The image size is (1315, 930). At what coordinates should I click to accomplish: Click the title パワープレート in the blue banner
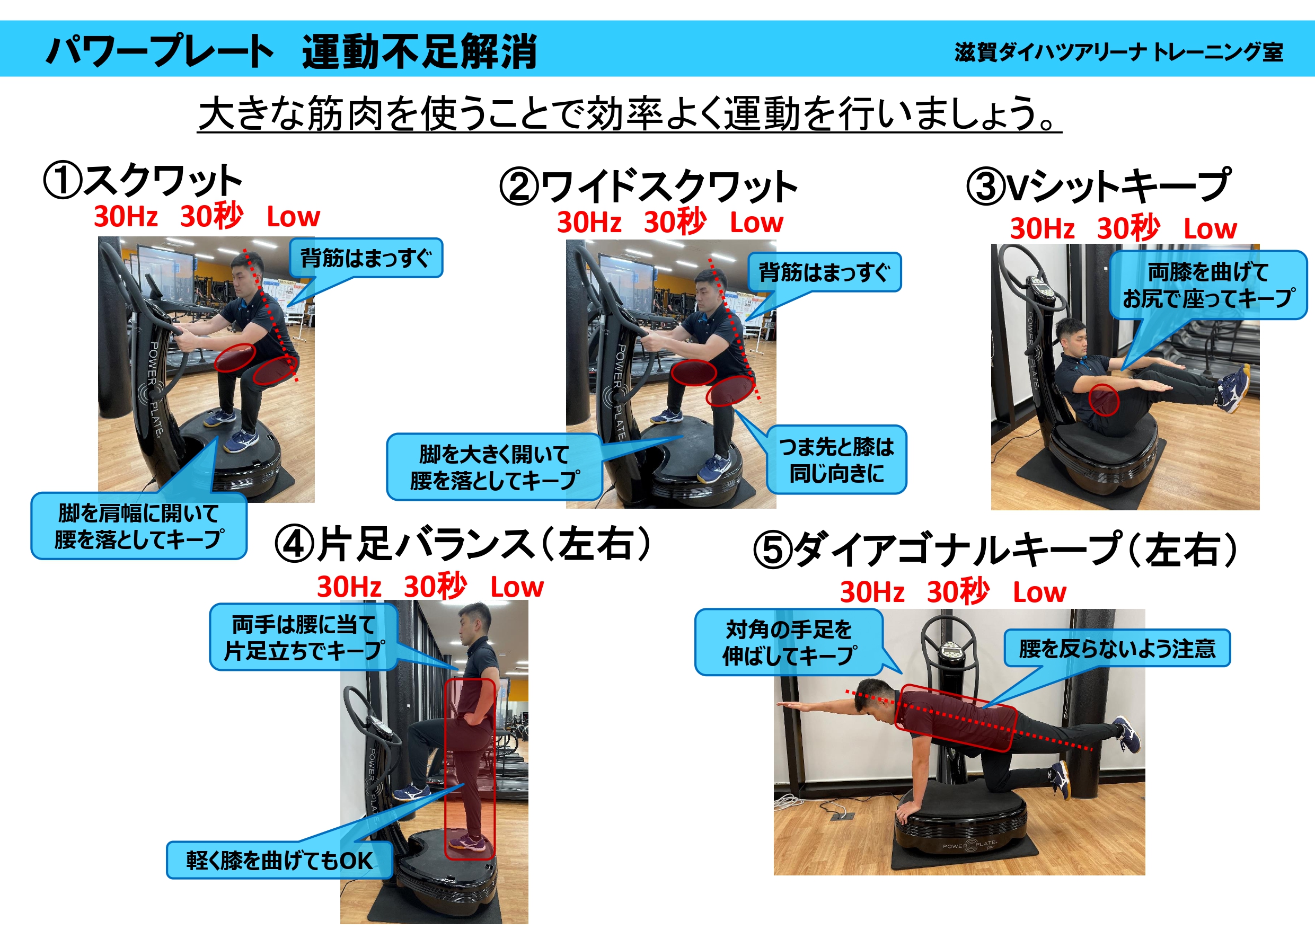pyautogui.click(x=159, y=51)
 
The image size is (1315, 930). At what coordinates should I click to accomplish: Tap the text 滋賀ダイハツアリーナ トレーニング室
pyautogui.click(x=1118, y=52)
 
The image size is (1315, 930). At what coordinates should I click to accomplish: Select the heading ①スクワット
pyautogui.click(x=143, y=180)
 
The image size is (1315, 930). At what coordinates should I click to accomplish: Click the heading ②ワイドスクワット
pyautogui.click(x=648, y=187)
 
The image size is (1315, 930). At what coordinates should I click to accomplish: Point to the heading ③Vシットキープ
pyautogui.click(x=1098, y=185)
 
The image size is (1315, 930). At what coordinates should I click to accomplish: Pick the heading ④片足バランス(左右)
pyautogui.click(x=463, y=544)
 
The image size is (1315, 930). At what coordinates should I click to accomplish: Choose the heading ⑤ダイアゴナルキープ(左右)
pyautogui.click(x=995, y=548)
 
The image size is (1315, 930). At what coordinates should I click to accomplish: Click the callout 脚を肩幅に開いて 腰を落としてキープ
pyautogui.click(x=138, y=526)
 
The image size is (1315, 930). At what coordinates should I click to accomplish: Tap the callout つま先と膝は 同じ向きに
pyautogui.click(x=836, y=459)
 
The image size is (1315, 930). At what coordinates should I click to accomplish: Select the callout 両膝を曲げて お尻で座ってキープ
pyautogui.click(x=1208, y=285)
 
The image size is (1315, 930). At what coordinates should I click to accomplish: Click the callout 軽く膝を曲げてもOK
pyautogui.click(x=279, y=860)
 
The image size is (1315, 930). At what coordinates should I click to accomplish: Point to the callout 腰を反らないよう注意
pyautogui.click(x=1117, y=648)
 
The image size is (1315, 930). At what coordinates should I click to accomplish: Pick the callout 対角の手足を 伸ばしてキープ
pyautogui.click(x=789, y=642)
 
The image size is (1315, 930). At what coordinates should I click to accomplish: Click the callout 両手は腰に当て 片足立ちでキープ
pyautogui.click(x=304, y=637)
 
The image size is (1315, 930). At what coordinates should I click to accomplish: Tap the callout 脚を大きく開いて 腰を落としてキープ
pyautogui.click(x=495, y=467)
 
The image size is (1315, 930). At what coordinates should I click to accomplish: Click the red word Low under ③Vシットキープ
pyautogui.click(x=1210, y=228)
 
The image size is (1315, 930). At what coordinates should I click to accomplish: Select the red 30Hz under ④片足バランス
pyautogui.click(x=349, y=587)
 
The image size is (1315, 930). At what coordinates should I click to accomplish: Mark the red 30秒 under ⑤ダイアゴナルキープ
pyautogui.click(x=958, y=591)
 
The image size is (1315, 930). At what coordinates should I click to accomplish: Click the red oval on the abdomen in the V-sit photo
pyautogui.click(x=1104, y=400)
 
